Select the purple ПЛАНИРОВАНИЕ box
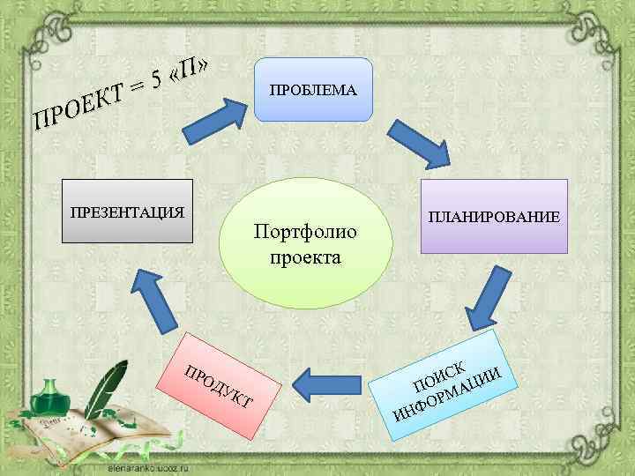tap(493, 216)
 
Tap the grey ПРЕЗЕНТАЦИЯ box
tap(126, 212)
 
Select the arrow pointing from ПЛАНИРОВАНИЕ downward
tap(484, 299)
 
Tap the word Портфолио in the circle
tap(304, 233)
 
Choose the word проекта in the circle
tap(304, 257)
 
